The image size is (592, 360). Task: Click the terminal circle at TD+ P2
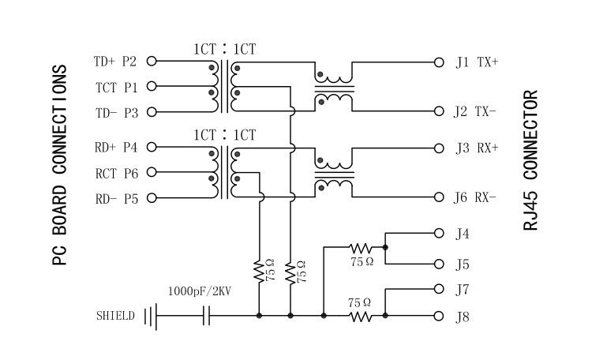pos(152,61)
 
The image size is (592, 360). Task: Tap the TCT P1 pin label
pos(116,86)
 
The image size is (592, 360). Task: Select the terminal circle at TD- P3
pos(152,112)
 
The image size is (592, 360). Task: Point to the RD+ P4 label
pos(115,147)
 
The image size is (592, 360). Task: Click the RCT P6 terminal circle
pos(152,172)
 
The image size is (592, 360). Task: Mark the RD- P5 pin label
pos(115,198)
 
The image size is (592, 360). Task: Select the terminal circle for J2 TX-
pos(439,111)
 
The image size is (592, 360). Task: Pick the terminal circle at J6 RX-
pos(439,197)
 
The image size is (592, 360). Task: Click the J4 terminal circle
pos(439,233)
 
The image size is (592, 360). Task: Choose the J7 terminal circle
pos(439,289)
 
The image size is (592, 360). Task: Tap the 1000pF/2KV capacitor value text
pos(199,291)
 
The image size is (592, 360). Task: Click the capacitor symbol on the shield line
pos(208,316)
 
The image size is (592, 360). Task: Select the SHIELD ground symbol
pos(150,316)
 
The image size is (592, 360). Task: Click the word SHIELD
pos(115,316)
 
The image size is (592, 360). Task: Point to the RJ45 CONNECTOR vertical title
pos(530,160)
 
